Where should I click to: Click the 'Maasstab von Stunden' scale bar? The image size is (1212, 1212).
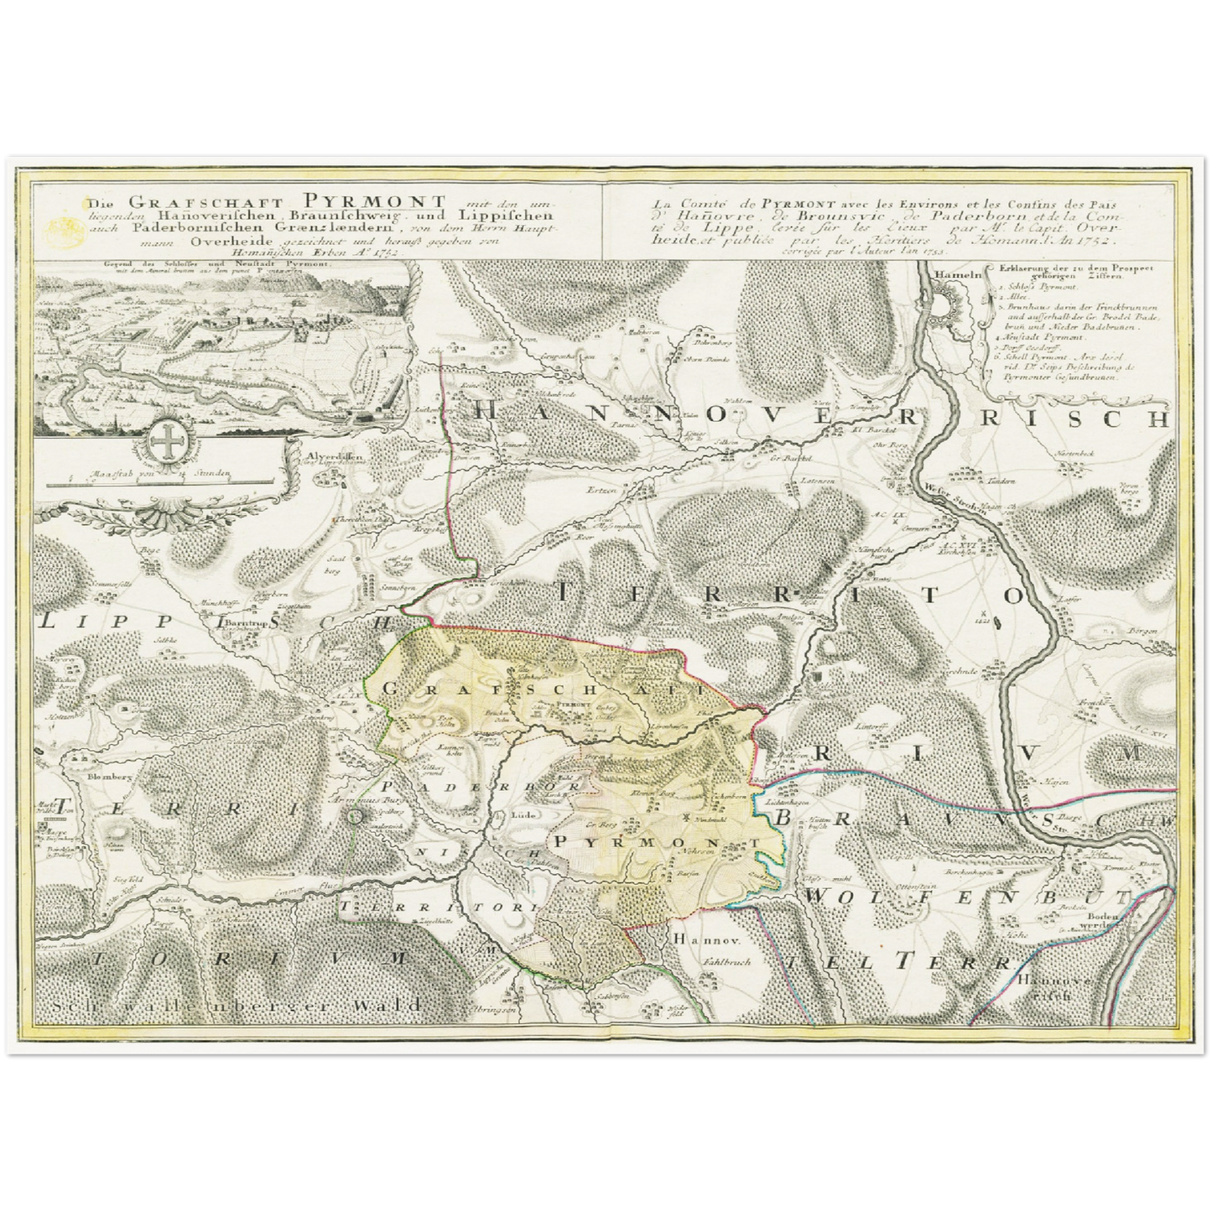pyautogui.click(x=159, y=481)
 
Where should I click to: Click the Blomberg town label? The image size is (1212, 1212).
pyautogui.click(x=99, y=776)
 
